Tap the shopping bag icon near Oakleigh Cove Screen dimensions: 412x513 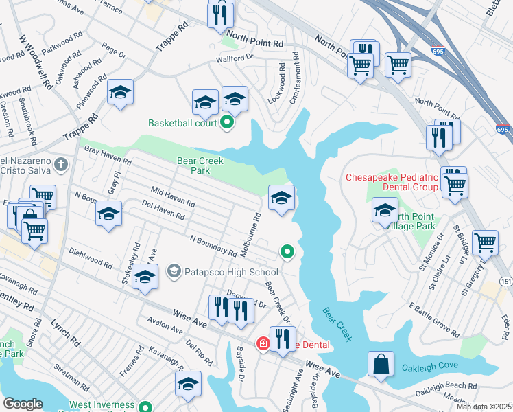381,365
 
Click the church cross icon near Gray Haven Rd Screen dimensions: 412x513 61,165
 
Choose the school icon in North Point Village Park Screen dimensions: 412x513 385,209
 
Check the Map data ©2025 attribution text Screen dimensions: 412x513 484,407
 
